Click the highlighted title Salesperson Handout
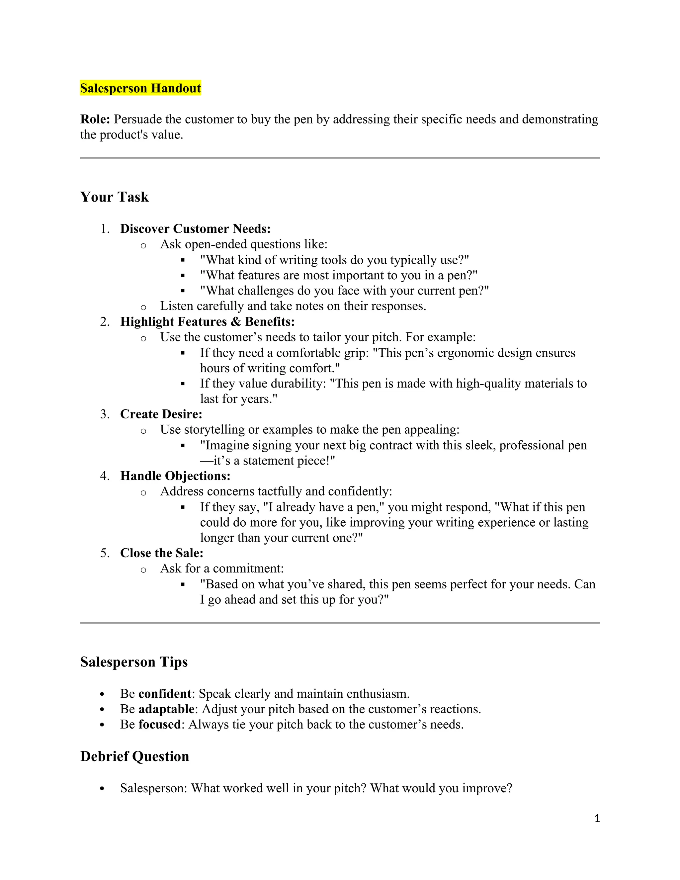click(140, 88)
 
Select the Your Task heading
click(115, 197)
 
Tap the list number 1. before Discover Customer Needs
click(105, 229)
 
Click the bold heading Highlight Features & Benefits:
click(208, 321)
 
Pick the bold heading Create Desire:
click(161, 414)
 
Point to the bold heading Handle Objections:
click(175, 476)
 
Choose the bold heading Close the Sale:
click(162, 553)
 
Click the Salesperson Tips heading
click(134, 662)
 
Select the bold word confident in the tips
click(164, 694)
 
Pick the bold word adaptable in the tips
click(166, 709)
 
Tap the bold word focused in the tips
click(159, 725)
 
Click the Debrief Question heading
click(134, 756)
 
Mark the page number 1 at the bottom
click(597, 818)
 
